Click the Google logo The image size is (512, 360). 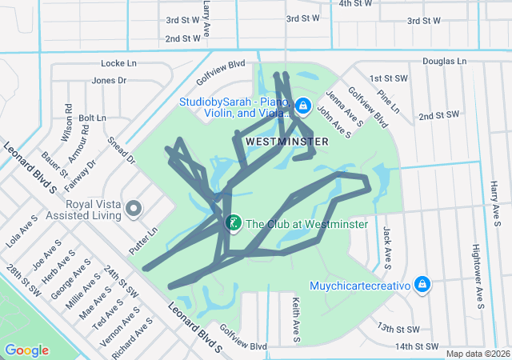click(x=26, y=350)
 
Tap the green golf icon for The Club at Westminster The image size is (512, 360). click(x=233, y=223)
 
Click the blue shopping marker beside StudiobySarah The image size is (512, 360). click(x=303, y=106)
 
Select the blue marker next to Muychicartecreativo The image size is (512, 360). click(x=422, y=284)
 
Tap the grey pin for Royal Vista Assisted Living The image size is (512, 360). click(x=134, y=208)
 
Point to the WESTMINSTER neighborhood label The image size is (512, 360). click(x=286, y=141)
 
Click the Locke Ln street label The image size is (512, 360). click(x=119, y=62)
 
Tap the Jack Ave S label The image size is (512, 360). click(x=386, y=246)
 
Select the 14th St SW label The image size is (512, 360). click(x=418, y=346)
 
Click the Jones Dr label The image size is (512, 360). click(x=109, y=80)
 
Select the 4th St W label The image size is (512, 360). click(x=356, y=3)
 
